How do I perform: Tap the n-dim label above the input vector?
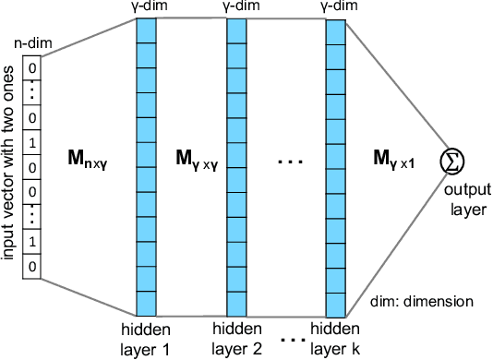[x=32, y=42]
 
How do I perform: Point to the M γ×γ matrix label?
[x=192, y=158]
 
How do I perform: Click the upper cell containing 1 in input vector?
[x=33, y=144]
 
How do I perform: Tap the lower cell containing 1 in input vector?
[x=33, y=243]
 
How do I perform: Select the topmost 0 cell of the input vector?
[x=33, y=67]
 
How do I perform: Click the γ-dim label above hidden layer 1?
[x=148, y=7]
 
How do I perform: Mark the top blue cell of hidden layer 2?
[x=238, y=30]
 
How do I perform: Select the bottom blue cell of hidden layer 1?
[x=148, y=304]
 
